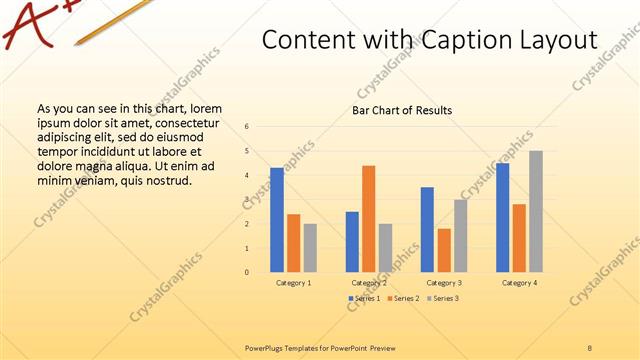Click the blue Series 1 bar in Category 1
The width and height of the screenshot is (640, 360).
277,220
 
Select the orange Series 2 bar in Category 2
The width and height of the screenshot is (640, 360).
369,219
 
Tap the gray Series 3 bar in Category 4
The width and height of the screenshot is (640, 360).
536,211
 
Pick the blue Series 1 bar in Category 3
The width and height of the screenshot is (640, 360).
427,229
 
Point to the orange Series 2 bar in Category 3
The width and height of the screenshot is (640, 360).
444,250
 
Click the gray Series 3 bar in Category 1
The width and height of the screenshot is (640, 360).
310,247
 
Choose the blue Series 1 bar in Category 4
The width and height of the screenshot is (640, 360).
503,217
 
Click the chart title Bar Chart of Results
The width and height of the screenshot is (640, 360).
402,110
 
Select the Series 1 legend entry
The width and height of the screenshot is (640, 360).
364,299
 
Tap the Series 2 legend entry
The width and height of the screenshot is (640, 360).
403,299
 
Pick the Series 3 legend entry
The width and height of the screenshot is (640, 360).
442,299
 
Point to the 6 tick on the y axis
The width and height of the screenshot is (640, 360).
247,127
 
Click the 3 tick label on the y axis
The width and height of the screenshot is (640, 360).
247,200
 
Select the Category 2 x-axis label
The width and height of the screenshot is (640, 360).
369,283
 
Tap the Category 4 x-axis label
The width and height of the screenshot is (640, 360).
519,283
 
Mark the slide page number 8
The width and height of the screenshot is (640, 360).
590,347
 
